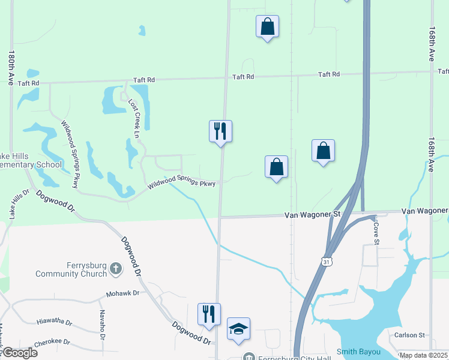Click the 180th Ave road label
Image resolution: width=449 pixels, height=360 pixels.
11,67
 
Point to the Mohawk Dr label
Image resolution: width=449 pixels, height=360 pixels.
122,294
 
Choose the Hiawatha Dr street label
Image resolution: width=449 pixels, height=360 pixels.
54,322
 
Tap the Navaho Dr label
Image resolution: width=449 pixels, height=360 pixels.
102,322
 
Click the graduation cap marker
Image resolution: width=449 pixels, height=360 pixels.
238,329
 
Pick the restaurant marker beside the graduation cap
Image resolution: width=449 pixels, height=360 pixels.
209,314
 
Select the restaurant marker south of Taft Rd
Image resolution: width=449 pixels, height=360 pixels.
220,131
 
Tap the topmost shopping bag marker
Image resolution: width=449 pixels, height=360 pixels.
267,26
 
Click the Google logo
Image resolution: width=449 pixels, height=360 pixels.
19,353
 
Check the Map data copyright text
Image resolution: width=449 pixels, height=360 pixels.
423,355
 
